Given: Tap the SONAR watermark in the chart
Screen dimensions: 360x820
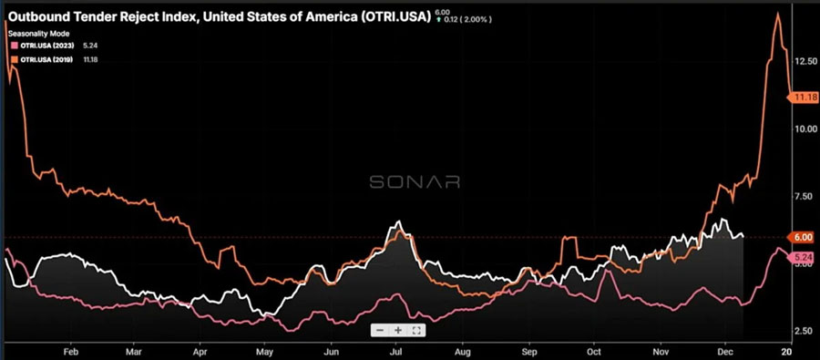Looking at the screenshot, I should pyautogui.click(x=414, y=181).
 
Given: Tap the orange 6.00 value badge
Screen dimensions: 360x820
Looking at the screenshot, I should pyautogui.click(x=803, y=237).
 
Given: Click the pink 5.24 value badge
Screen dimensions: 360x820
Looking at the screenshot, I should pyautogui.click(x=803, y=258).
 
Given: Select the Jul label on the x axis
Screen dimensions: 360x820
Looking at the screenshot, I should pyautogui.click(x=396, y=350).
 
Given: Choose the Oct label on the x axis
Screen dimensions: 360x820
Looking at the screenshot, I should pyautogui.click(x=594, y=350).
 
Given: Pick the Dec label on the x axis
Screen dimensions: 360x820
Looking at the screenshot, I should pyautogui.click(x=726, y=350).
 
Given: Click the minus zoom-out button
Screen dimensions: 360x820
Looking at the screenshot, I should pyautogui.click(x=380, y=330).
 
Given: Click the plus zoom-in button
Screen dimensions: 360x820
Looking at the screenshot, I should pyautogui.click(x=398, y=330).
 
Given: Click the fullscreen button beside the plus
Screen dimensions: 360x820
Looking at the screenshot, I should pyautogui.click(x=416, y=330).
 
